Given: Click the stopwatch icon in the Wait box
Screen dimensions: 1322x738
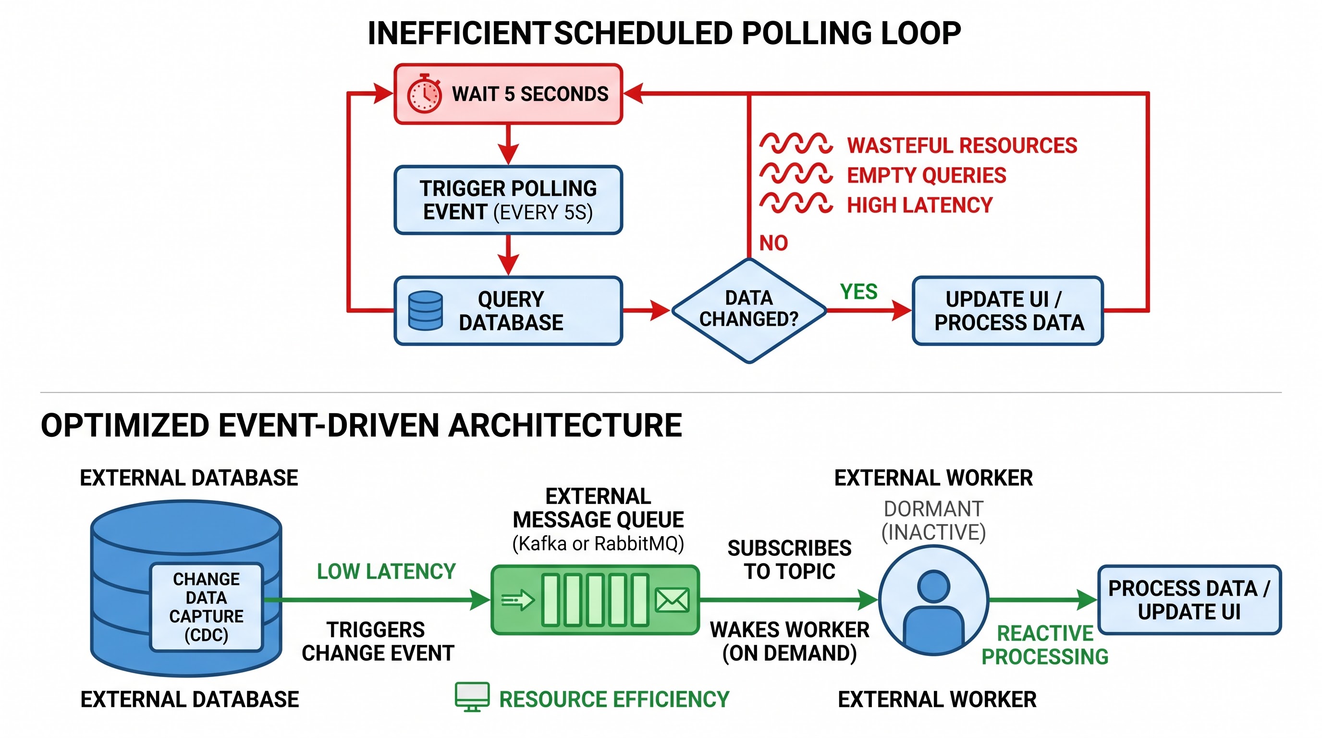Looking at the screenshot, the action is [x=424, y=93].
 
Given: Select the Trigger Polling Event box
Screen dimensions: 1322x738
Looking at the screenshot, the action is [x=508, y=200].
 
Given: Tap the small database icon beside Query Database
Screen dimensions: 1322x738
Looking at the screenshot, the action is [x=425, y=310].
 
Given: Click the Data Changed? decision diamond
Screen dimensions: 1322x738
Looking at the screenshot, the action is [x=749, y=310].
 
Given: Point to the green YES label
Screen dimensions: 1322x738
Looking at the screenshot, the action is [x=858, y=292].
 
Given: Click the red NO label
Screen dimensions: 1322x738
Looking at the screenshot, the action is [x=773, y=243].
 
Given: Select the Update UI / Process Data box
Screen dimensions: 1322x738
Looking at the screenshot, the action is [x=1007, y=310].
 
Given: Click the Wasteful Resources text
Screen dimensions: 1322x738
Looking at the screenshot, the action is [x=962, y=145].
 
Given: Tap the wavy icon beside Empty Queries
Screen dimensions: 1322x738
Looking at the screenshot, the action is [x=796, y=173].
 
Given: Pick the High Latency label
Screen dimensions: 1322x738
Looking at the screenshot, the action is [x=919, y=205].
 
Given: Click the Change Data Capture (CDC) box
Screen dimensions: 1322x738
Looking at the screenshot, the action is [x=206, y=607].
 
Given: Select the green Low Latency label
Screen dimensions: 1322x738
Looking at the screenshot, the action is [x=386, y=571].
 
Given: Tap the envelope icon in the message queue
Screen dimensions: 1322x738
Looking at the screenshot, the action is [x=672, y=600].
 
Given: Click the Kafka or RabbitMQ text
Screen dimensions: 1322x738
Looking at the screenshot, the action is [x=598, y=543].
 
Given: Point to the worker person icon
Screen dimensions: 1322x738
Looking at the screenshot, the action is [x=933, y=600].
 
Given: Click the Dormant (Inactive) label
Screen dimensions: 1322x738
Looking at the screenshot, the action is [x=933, y=520].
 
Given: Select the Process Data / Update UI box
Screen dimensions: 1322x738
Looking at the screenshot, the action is [x=1189, y=600].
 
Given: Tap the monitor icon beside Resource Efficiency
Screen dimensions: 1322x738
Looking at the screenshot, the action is [x=472, y=697].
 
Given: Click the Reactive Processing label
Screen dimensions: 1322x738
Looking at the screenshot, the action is [x=1045, y=645].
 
